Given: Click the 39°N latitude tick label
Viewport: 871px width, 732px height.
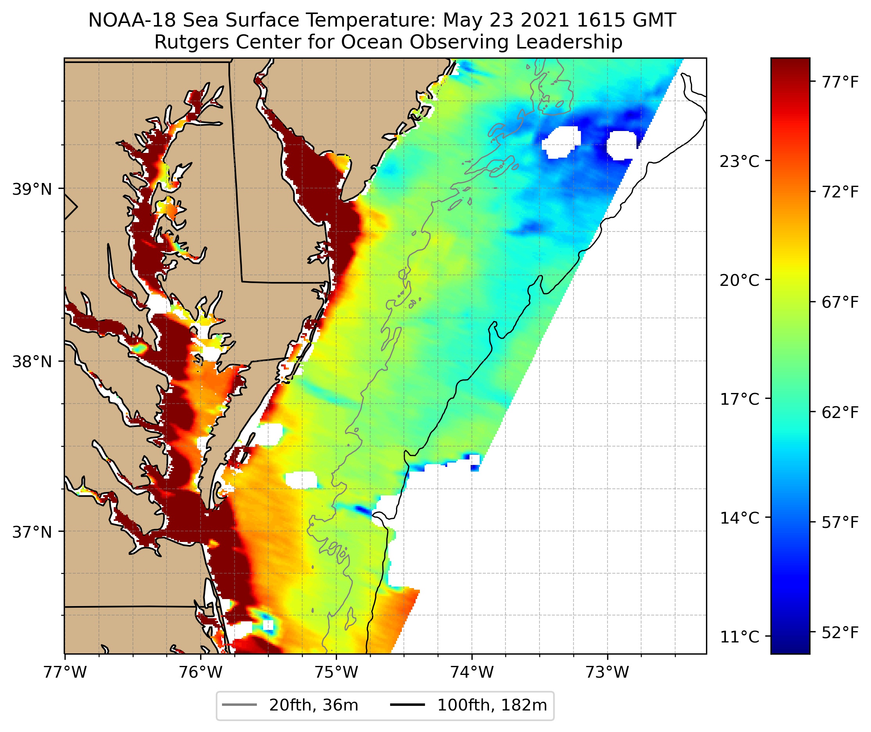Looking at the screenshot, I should point(32,189).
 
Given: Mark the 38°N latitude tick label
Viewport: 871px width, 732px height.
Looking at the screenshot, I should point(32,362).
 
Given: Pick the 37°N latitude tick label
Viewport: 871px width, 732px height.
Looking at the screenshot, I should point(32,531).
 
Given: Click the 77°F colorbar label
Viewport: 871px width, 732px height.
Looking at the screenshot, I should point(840,82).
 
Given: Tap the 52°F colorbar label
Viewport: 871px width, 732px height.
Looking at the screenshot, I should point(840,632).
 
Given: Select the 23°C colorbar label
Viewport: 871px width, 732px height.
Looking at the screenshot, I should point(740,161).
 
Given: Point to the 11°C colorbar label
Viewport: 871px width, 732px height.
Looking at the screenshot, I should point(740,637).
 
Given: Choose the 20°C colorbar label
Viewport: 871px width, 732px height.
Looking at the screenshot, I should point(740,280).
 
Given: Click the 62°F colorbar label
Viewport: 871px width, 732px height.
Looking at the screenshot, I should point(840,413).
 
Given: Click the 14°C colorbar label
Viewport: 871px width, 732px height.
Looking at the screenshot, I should point(740,518).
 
